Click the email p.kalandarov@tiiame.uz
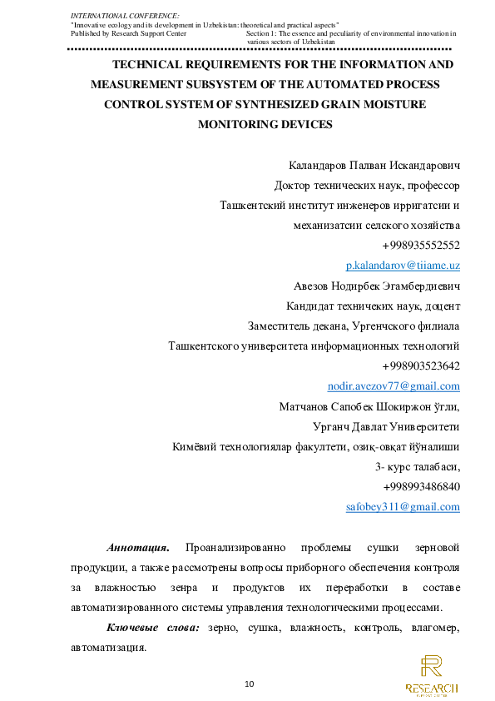pos(403,265)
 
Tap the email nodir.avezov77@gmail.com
pos(394,385)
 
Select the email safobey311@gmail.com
pos(403,506)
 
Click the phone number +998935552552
pos(421,245)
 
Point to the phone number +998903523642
pos(421,365)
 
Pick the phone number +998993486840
pos(421,486)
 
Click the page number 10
pos(249,684)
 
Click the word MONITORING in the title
pos(237,125)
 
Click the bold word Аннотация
pos(138,548)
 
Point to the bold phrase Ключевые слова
pos(152,627)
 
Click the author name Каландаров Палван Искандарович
pos(374,165)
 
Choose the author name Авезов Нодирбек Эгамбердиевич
pos(377,286)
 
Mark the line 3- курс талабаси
pos(418,466)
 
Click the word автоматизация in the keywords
pos(108,647)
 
